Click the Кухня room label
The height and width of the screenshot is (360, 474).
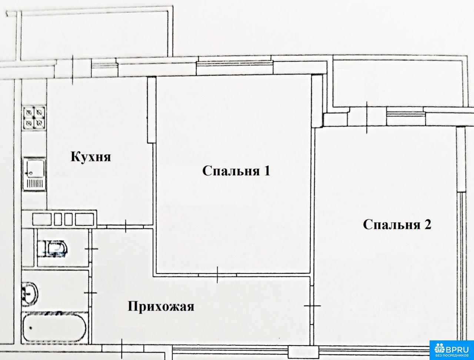click(x=91, y=157)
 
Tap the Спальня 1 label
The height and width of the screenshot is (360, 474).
click(x=236, y=171)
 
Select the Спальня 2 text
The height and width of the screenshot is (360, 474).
click(x=397, y=224)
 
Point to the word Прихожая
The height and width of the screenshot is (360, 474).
click(x=161, y=306)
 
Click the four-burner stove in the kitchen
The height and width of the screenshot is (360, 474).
click(x=34, y=118)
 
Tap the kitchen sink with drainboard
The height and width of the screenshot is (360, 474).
click(x=34, y=174)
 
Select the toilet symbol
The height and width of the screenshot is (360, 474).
click(x=53, y=249)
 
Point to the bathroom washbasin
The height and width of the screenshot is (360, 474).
click(x=30, y=294)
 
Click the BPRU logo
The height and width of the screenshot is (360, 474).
click(x=451, y=350)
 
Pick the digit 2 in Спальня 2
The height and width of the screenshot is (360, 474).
click(x=428, y=224)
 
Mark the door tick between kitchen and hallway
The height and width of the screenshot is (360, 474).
click(x=126, y=226)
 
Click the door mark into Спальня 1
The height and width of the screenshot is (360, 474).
click(x=217, y=275)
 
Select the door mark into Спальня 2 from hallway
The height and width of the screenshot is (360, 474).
click(x=312, y=306)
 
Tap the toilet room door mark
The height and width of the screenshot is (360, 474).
click(x=91, y=249)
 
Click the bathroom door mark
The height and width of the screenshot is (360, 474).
click(x=90, y=293)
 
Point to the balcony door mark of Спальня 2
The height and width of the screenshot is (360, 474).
click(x=367, y=117)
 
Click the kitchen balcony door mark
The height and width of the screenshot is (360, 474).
click(x=73, y=70)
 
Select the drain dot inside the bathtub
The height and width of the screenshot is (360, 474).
click(x=31, y=328)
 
